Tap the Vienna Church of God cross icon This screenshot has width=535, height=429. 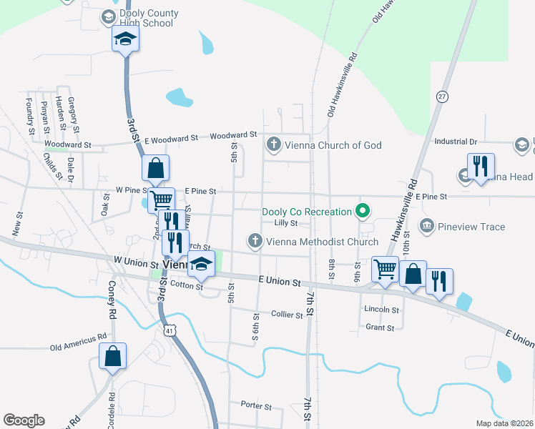coord(273,145)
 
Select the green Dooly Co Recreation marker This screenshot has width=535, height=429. coord(363,212)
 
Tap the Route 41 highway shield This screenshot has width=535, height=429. coord(168,331)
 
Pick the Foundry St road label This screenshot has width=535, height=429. coord(31,117)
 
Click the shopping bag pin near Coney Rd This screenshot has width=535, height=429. coord(113,356)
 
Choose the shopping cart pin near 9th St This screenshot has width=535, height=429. coord(386,270)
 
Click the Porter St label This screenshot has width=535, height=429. coord(256,406)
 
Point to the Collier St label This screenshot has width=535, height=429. coord(288,314)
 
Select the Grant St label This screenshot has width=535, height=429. coord(380,327)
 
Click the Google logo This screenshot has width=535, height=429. coord(24,420)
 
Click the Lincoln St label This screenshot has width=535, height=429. coord(381,310)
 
